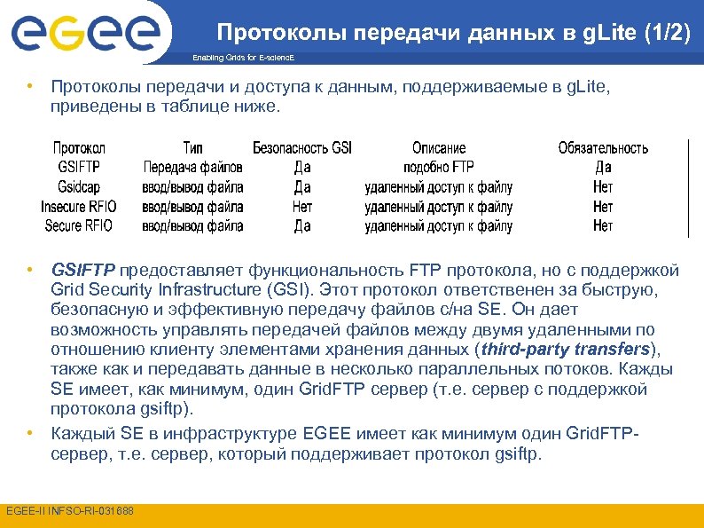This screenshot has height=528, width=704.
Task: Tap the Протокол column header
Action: (79, 148)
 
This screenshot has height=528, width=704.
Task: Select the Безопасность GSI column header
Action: (302, 148)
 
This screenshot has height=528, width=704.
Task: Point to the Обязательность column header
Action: (603, 148)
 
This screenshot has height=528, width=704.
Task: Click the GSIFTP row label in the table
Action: (79, 167)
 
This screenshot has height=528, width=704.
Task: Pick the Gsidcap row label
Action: (79, 187)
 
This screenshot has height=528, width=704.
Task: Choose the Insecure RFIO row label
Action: (79, 207)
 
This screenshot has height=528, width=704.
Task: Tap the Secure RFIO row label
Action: (79, 225)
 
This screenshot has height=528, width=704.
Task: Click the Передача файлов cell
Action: (193, 167)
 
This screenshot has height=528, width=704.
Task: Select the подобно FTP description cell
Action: (439, 167)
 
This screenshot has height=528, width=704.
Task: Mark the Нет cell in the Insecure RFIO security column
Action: (302, 207)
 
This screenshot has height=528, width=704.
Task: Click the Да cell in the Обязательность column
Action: (603, 167)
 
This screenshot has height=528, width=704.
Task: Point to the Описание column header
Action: (439, 148)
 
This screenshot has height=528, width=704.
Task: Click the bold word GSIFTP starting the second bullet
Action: (83, 270)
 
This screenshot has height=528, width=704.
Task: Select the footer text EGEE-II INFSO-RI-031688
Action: (69, 511)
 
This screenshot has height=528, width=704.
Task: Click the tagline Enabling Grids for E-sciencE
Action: (242, 58)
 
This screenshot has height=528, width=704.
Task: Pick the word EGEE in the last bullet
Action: (327, 434)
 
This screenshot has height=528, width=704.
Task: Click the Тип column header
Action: (193, 148)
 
